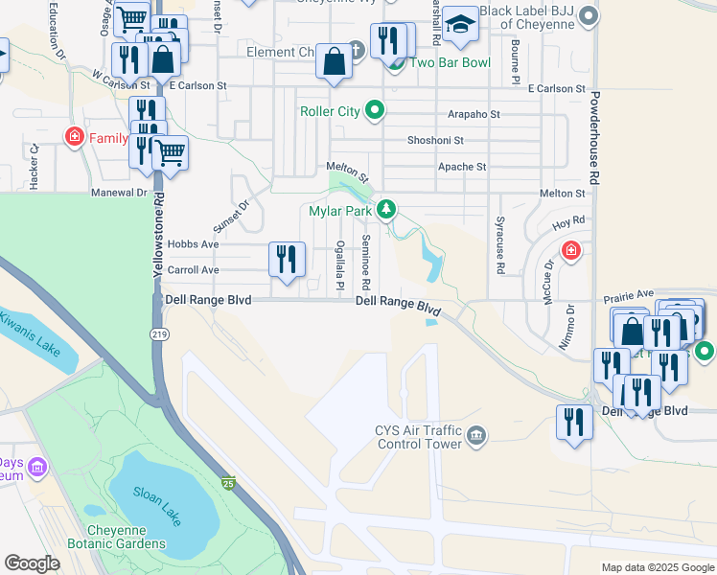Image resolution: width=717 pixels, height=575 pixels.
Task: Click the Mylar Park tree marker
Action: (385, 209)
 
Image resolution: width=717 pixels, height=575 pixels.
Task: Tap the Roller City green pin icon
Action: (376, 111)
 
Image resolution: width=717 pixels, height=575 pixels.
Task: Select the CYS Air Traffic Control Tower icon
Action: (476, 437)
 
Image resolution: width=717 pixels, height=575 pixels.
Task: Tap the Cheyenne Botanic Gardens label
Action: (117, 536)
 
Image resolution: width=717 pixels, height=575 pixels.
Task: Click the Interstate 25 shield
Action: (228, 484)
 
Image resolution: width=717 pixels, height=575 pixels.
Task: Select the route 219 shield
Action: (159, 333)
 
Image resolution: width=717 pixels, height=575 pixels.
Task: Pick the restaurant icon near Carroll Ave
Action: (286, 260)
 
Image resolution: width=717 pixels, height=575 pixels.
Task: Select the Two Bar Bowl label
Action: (450, 63)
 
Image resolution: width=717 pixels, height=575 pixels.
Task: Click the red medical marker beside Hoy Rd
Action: (571, 250)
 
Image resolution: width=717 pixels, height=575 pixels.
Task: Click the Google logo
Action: (33, 563)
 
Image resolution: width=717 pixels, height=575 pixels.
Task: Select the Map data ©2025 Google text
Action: (657, 567)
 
